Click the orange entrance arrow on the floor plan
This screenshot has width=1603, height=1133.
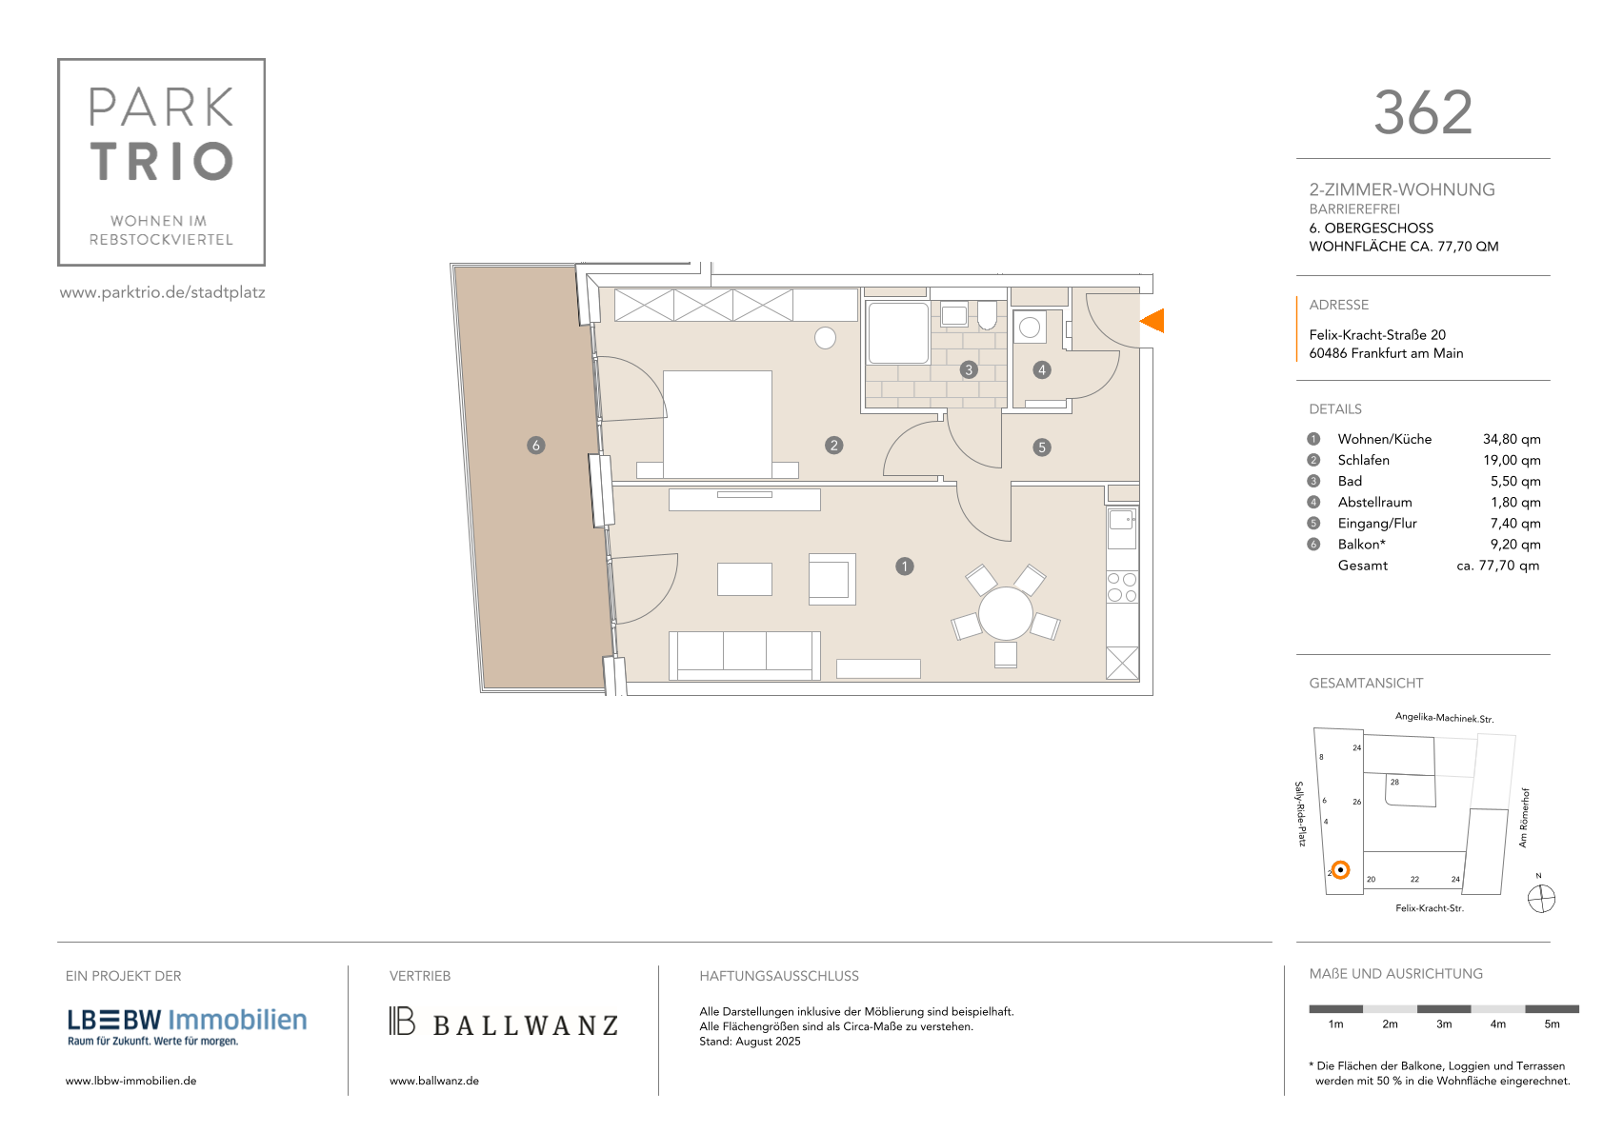(1153, 321)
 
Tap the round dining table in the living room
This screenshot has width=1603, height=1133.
(1006, 613)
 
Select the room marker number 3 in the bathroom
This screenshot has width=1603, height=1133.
(969, 369)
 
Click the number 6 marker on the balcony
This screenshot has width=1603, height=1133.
(536, 446)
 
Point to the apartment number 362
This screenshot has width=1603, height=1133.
(1423, 113)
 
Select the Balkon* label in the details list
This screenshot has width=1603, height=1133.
(1362, 545)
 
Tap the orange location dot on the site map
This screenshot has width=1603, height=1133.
(1340, 870)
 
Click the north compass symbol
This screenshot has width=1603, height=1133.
(1541, 899)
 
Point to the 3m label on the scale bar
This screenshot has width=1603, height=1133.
(1443, 1024)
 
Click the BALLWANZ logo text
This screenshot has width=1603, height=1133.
(526, 1025)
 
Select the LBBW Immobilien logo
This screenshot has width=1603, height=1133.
(187, 1027)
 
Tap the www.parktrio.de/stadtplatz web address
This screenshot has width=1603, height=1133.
(163, 292)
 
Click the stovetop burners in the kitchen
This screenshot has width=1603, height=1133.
(1122, 586)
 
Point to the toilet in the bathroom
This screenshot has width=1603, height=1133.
(987, 315)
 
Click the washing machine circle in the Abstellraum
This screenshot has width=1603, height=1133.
(1029, 328)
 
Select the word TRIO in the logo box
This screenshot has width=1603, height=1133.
(162, 161)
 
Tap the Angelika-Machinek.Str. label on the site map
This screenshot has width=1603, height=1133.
(1444, 718)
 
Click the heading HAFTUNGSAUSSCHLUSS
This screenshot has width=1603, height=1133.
(778, 976)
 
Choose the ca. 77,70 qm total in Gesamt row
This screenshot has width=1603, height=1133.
(1498, 566)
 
